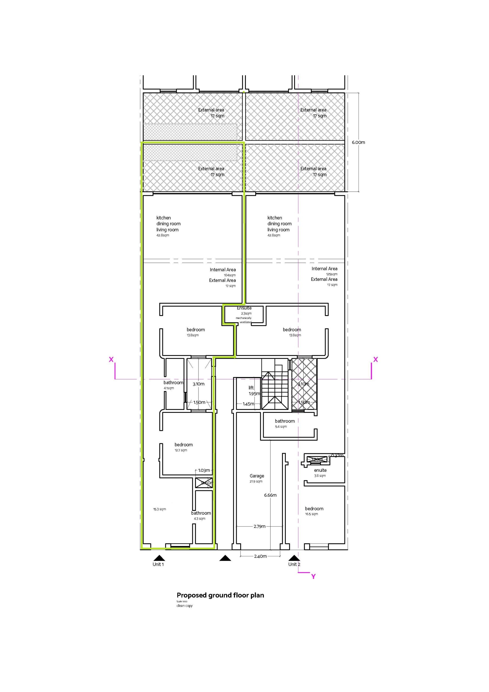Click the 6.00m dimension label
click(x=358, y=142)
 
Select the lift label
click(x=251, y=388)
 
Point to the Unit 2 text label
click(x=294, y=564)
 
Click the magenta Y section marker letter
click(x=313, y=577)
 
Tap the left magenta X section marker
click(x=111, y=359)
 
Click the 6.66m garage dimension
click(x=270, y=495)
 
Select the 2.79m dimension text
click(x=259, y=526)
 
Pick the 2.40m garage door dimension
click(x=260, y=556)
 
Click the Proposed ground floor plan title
click(x=220, y=595)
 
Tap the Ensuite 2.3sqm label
click(x=244, y=310)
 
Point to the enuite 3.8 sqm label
click(x=320, y=473)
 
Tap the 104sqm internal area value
click(x=230, y=275)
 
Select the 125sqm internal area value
click(x=331, y=274)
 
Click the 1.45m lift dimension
click(x=248, y=404)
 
